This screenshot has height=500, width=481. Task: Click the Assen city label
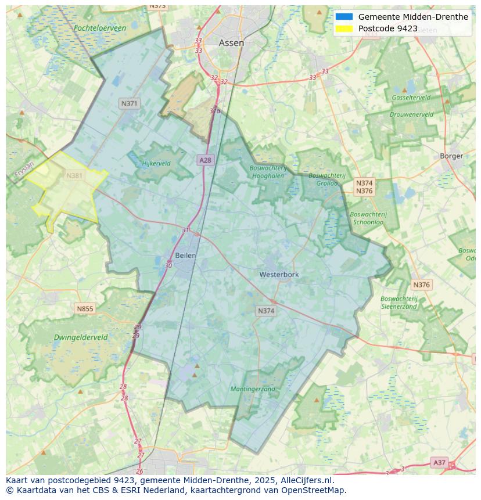pyautogui.click(x=231, y=43)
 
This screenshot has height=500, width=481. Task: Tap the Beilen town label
pyautogui.click(x=185, y=256)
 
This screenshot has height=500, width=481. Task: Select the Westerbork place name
pyautogui.click(x=279, y=274)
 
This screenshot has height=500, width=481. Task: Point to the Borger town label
pyautogui.click(x=451, y=156)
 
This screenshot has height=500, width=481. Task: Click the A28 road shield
pyautogui.click(x=205, y=160)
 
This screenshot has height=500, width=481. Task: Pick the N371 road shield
pyautogui.click(x=129, y=103)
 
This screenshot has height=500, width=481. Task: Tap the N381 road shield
pyautogui.click(x=74, y=175)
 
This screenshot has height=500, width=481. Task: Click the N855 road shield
pyautogui.click(x=84, y=308)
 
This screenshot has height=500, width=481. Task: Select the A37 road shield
pyautogui.click(x=440, y=462)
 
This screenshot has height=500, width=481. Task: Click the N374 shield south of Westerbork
pyautogui.click(x=265, y=311)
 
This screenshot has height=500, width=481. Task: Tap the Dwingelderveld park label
pyautogui.click(x=81, y=337)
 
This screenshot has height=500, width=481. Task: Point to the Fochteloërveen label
pyautogui.click(x=100, y=28)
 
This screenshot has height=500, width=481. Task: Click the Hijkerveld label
pyautogui.click(x=156, y=164)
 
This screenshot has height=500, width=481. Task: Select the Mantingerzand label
pyautogui.click(x=253, y=389)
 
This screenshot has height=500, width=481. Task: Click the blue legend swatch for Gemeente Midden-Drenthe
pyautogui.click(x=344, y=17)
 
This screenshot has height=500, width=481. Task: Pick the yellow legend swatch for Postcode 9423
pyautogui.click(x=344, y=28)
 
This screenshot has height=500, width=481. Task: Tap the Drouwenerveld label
pyautogui.click(x=411, y=114)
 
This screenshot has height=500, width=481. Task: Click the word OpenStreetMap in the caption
pyautogui.click(x=316, y=490)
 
